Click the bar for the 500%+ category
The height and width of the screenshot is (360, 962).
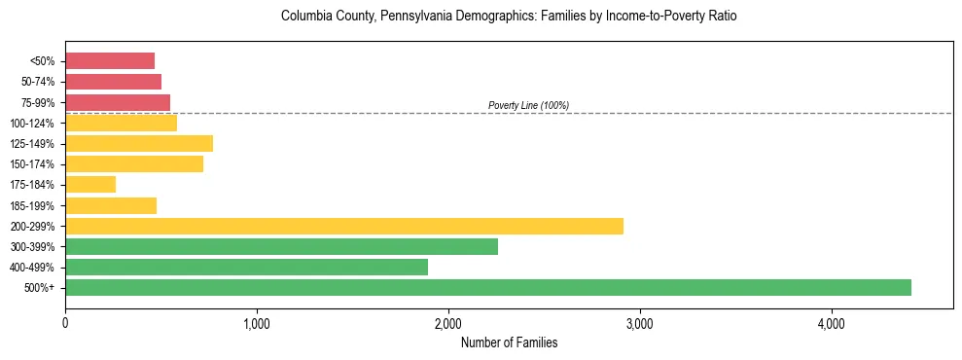(x=487, y=287)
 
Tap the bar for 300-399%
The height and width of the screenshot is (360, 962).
(x=281, y=246)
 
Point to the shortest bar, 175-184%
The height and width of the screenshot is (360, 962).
(x=90, y=184)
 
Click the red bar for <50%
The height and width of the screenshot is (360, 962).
(x=110, y=61)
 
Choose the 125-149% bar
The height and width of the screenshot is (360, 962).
(x=139, y=143)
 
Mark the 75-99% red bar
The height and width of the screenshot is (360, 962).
(x=118, y=102)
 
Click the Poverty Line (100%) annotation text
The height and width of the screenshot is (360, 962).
(x=528, y=105)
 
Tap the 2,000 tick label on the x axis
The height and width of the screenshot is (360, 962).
(x=448, y=324)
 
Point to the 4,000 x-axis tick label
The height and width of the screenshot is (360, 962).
(x=832, y=324)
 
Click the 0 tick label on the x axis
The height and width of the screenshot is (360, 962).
(x=65, y=324)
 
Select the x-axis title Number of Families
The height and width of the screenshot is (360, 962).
(x=509, y=342)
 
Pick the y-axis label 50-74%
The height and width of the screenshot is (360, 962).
(x=37, y=82)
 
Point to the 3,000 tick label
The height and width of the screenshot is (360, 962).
(x=640, y=324)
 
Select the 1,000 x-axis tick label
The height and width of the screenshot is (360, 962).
(x=257, y=324)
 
